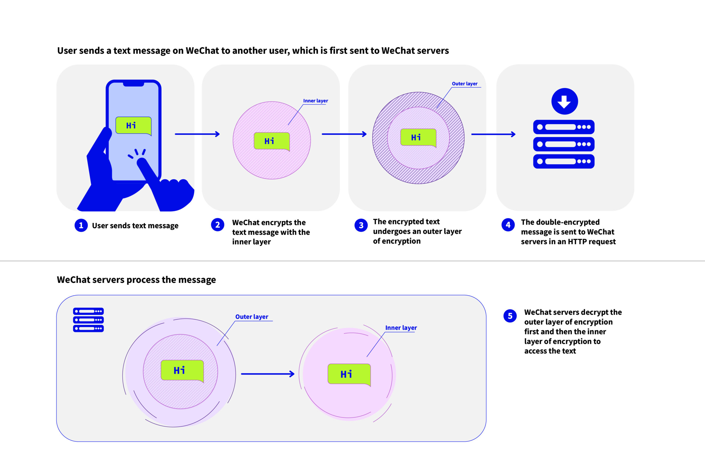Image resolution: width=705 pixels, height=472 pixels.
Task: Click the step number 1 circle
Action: pos(81,225)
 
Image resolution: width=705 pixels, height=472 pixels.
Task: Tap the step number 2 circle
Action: pos(218,225)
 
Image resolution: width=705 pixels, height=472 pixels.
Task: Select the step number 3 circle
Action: pos(361,225)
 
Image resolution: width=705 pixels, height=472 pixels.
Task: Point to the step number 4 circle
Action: pos(508,225)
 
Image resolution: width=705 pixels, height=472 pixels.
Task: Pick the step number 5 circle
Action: pos(510,316)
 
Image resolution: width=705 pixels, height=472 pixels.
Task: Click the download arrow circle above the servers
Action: pos(564,102)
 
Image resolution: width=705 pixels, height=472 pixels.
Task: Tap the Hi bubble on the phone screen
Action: pos(133,125)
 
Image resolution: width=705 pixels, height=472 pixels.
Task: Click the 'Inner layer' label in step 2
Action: pos(315,101)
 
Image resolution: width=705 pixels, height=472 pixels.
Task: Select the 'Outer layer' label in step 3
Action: pos(464,84)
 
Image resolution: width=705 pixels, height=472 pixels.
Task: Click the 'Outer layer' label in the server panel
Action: pos(251,317)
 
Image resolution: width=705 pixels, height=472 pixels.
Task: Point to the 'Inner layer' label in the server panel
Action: pos(401,328)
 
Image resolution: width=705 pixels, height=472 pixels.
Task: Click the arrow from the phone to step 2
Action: pos(197,134)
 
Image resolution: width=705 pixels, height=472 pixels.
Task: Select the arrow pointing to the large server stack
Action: pos(493,134)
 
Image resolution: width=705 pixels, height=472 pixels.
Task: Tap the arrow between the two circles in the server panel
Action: pos(267,374)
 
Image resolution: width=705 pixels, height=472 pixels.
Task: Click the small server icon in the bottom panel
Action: pos(88,320)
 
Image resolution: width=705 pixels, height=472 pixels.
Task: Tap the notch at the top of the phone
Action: pos(133,84)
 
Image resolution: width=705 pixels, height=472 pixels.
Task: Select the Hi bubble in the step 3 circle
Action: pos(418,138)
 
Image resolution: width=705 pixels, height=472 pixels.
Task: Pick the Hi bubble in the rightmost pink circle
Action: pos(349,374)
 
